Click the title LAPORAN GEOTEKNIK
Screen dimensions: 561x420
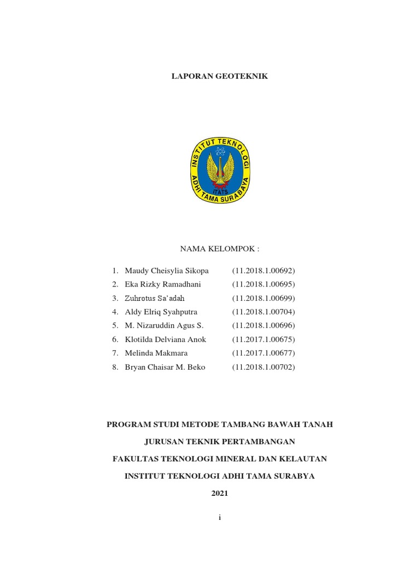[x=219, y=77]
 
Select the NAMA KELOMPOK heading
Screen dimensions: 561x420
[x=219, y=249]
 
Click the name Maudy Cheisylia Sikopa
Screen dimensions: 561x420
[x=167, y=271]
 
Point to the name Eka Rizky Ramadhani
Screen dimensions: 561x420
[x=163, y=284]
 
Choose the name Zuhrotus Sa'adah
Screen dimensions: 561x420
[x=155, y=298]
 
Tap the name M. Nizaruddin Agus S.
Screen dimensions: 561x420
[x=164, y=325]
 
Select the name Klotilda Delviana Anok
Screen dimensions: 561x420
[x=166, y=339]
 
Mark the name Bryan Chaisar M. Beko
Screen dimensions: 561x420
[x=165, y=367]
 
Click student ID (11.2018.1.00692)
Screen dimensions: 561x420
[x=263, y=271]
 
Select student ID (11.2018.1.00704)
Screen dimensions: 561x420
[x=263, y=312]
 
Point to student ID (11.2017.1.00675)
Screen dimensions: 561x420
[x=263, y=339]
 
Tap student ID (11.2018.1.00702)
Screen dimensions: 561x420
[x=263, y=367]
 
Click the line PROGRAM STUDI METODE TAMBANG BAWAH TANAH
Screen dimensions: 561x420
[x=219, y=424]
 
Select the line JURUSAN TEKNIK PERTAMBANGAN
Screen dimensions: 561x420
[x=219, y=442]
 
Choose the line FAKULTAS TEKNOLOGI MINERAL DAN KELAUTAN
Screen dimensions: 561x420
[x=219, y=459]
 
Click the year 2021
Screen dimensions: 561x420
[x=219, y=494]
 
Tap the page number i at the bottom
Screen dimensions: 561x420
[x=219, y=518]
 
